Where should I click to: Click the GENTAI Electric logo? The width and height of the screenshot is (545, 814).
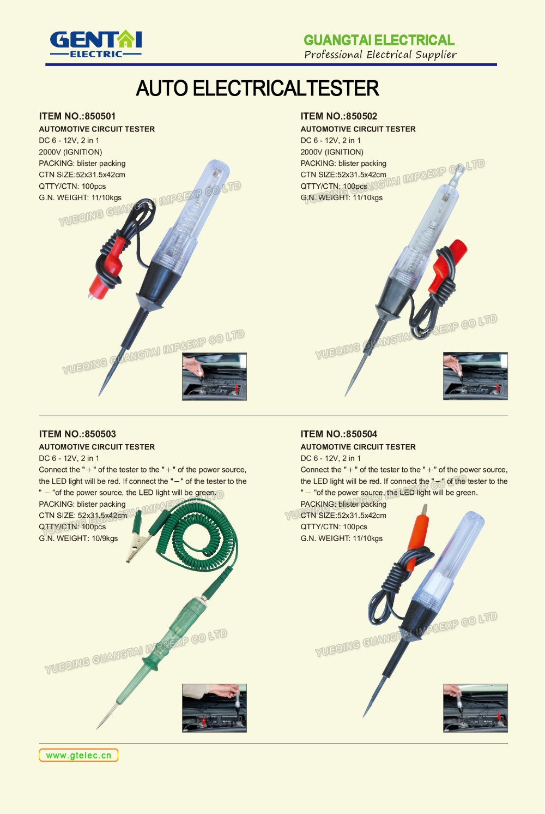click(x=96, y=44)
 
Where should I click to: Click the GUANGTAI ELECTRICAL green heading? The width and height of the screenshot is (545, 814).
click(x=379, y=40)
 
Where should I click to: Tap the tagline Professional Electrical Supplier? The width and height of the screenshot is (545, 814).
click(x=380, y=55)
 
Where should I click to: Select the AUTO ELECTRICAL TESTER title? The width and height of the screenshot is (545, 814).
click(x=257, y=88)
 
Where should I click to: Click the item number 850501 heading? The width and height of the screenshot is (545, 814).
click(x=77, y=116)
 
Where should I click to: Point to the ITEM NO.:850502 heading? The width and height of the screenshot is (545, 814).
click(x=338, y=116)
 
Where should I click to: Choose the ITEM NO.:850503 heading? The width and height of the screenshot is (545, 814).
click(x=77, y=434)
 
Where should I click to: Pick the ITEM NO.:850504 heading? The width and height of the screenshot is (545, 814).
click(x=338, y=434)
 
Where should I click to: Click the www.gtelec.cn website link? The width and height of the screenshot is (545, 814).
click(x=78, y=755)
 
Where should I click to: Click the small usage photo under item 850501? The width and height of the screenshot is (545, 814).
click(x=214, y=376)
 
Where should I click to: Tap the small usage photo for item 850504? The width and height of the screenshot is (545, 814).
click(x=475, y=708)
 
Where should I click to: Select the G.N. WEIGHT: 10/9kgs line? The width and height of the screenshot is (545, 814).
click(x=78, y=538)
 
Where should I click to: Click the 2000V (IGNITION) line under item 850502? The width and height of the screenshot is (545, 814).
click(x=332, y=152)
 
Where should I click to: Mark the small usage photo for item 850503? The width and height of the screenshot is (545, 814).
click(x=214, y=708)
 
